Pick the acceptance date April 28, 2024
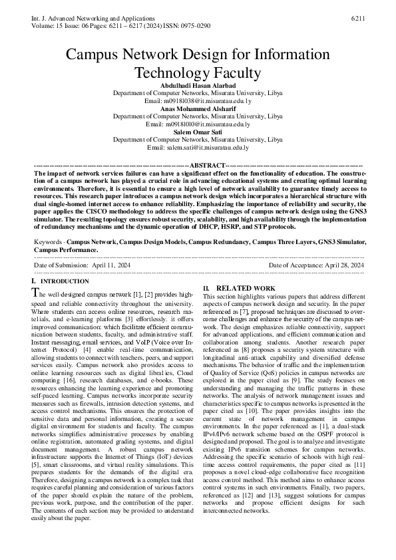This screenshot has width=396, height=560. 339,265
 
